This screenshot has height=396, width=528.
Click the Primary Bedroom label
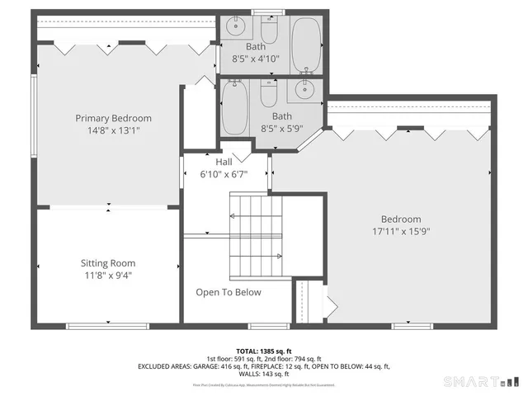point(114,118)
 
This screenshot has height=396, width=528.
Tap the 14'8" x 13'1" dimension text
point(114,130)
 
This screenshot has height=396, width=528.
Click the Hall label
point(224,163)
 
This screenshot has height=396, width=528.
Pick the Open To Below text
point(229,292)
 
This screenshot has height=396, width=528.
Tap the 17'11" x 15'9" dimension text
point(395,232)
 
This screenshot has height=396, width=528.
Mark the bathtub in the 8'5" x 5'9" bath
point(235,109)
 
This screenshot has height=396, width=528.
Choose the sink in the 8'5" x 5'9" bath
point(306,91)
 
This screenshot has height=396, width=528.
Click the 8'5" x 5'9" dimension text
point(282,129)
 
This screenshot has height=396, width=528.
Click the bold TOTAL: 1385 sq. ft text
point(264,351)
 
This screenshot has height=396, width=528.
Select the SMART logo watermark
point(483,381)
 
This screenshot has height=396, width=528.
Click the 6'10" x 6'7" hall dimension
point(224,174)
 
